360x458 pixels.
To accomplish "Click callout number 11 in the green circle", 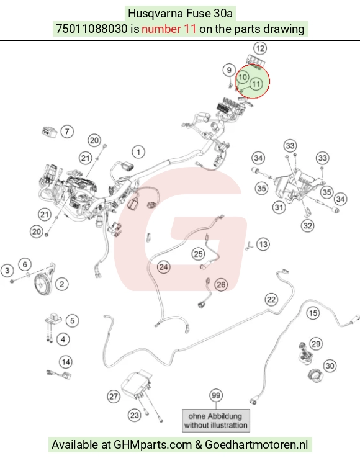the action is click(256, 84).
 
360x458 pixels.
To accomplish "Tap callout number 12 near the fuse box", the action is click(260, 48).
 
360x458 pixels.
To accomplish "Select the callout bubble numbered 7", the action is click(67, 132).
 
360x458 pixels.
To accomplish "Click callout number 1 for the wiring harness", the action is click(138, 152).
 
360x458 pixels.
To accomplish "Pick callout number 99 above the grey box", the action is click(216, 395).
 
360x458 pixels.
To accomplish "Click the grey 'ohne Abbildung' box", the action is click(216, 421).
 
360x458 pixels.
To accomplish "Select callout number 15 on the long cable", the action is click(313, 313).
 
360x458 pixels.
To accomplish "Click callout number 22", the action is click(271, 299).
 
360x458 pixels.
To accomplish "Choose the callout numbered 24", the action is click(164, 267).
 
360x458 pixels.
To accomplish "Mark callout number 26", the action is click(221, 284).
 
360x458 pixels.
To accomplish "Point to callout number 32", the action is click(307, 226).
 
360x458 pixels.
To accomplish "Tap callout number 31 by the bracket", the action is click(279, 207).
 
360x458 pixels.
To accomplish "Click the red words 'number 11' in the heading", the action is click(169, 29).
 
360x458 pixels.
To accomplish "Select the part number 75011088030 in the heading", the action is click(91, 29).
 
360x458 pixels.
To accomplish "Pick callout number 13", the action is click(263, 244).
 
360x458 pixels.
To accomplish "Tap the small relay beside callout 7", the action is click(49, 132).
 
